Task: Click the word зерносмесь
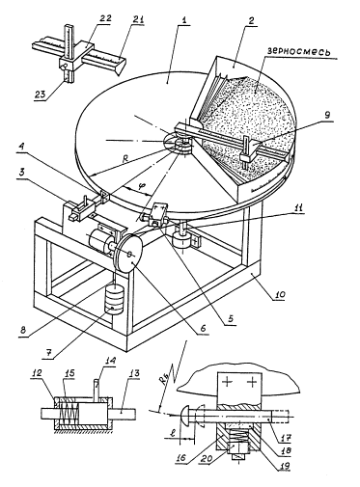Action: (x=299, y=52)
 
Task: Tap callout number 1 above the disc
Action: (x=184, y=20)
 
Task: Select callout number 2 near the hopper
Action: (x=251, y=21)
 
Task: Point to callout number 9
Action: (x=327, y=115)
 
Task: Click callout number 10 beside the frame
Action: (x=280, y=294)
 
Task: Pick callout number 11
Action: (x=299, y=208)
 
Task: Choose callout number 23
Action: (x=41, y=95)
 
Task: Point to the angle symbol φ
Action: (x=140, y=186)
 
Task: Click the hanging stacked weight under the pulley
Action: (x=113, y=299)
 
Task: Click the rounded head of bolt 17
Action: (x=179, y=414)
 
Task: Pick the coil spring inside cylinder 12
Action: (x=69, y=413)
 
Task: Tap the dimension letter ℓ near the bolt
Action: (x=173, y=432)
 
